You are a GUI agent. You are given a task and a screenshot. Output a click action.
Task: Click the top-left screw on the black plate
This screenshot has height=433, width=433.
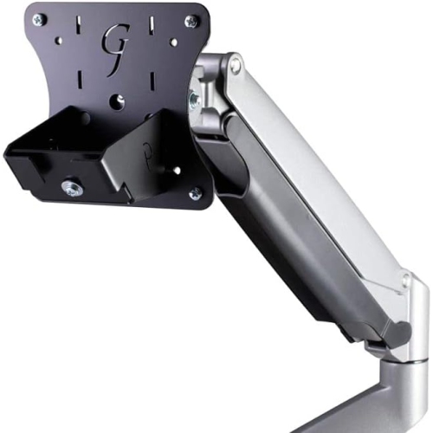[x=37, y=19]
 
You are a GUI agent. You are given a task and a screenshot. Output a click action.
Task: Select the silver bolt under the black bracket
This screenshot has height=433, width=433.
[x=70, y=187]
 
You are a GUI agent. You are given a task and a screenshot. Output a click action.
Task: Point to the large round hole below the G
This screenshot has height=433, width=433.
[x=117, y=100]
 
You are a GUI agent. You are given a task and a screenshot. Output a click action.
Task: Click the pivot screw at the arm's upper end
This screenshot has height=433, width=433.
[x=235, y=65]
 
